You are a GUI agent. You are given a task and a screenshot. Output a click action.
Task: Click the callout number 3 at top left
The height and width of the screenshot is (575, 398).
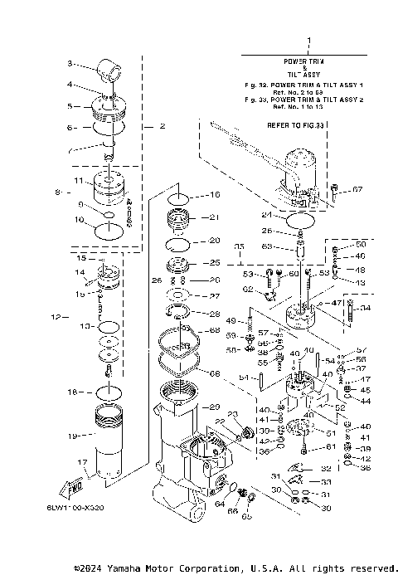tap(70, 63)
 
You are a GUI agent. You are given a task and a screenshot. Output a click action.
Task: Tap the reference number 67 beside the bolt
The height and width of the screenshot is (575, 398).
tap(357, 190)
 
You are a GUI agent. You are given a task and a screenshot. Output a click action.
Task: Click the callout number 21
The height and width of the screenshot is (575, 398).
tap(214, 217)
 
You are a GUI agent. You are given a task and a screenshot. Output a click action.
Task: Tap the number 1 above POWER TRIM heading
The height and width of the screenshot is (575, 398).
tap(309, 41)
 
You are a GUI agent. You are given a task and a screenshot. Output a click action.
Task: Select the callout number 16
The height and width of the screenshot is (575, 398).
tap(214, 195)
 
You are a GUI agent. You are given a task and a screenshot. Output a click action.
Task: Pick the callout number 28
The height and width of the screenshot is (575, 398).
tap(214, 314)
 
